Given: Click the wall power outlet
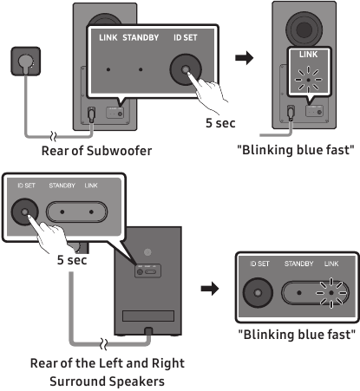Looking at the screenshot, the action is pyautogui.click(x=25, y=62).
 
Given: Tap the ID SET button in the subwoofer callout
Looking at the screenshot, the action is pyautogui.click(x=186, y=69).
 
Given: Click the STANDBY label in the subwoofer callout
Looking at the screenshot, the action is pyautogui.click(x=141, y=37).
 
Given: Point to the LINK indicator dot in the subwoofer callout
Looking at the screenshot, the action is pyautogui.click(x=108, y=69).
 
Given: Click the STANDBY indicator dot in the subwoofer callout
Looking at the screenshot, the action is pyautogui.click(x=141, y=69).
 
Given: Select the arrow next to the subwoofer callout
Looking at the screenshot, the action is pyautogui.click(x=244, y=58).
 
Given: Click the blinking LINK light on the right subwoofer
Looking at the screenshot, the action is pyautogui.click(x=308, y=80).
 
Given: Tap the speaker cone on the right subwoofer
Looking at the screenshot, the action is pyautogui.click(x=304, y=29).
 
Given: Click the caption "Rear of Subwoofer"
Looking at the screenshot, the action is pyautogui.click(x=96, y=151).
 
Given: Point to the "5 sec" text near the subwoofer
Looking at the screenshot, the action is pyautogui.click(x=220, y=123).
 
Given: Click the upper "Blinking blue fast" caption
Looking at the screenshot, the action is pyautogui.click(x=296, y=150).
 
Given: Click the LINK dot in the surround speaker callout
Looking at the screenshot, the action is pyautogui.click(x=91, y=212).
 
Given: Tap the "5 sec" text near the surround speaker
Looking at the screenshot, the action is pyautogui.click(x=72, y=260).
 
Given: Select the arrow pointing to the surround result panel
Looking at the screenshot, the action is pyautogui.click(x=210, y=289).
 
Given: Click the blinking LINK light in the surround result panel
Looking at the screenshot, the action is pyautogui.click(x=331, y=293).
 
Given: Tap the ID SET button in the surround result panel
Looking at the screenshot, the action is pyautogui.click(x=258, y=293).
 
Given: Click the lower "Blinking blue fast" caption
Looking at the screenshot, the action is pyautogui.click(x=297, y=335).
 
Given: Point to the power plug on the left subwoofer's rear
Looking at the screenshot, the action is pyautogui.click(x=92, y=114).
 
